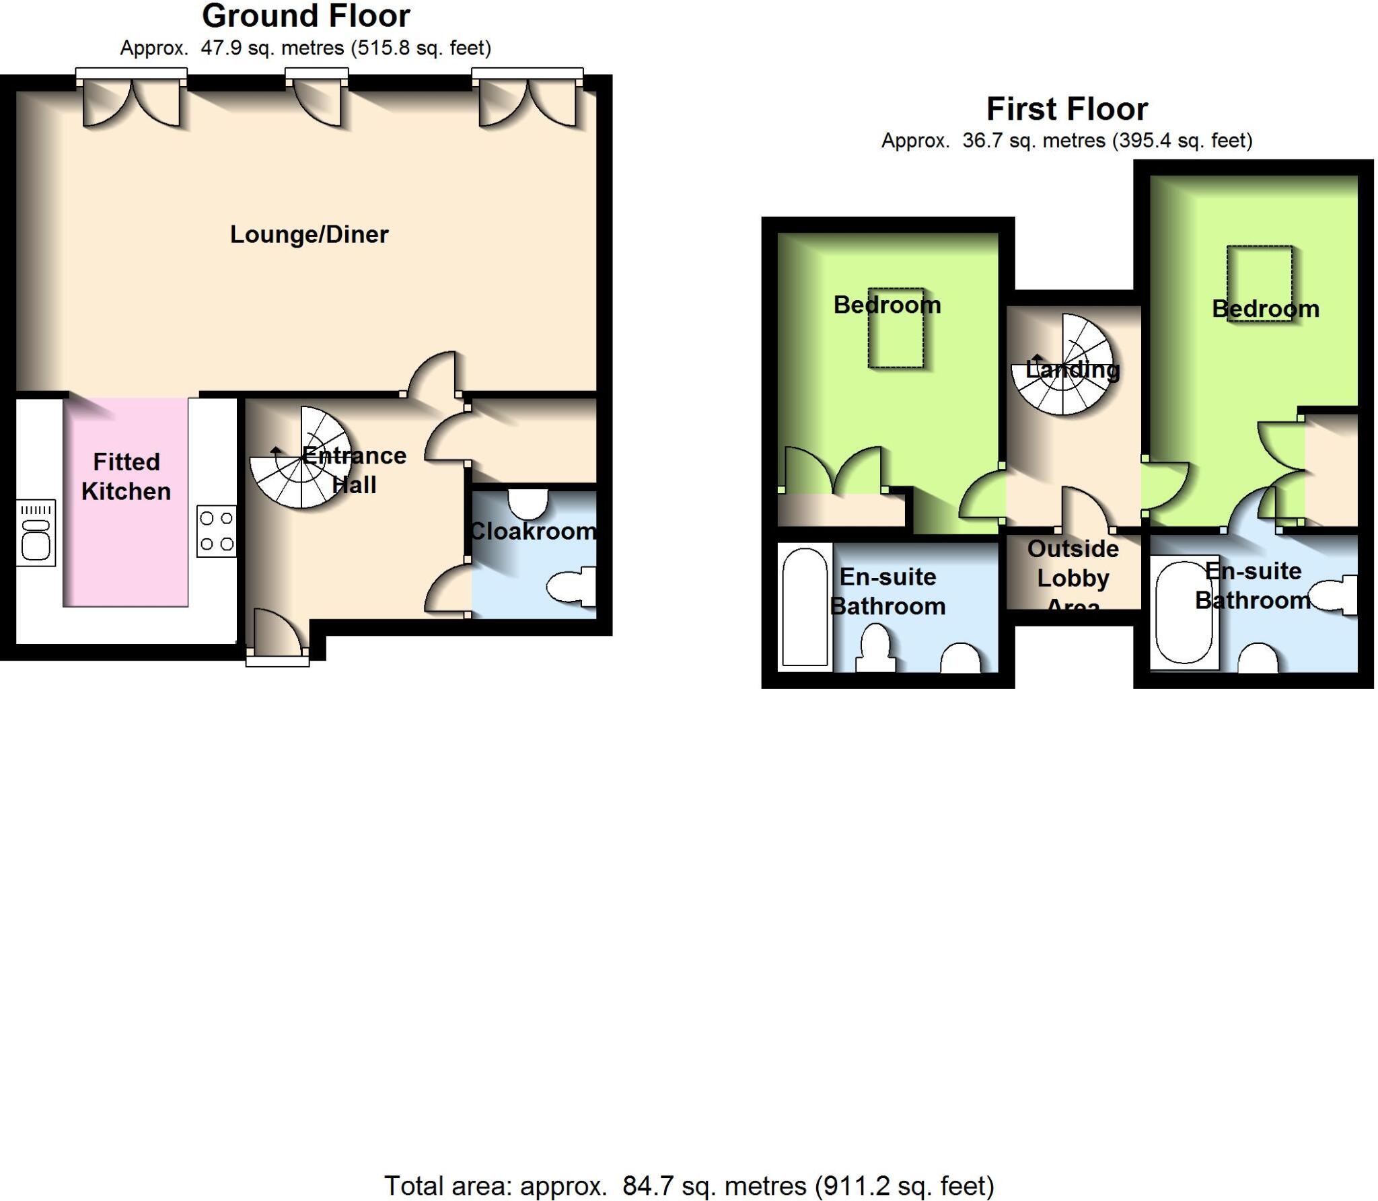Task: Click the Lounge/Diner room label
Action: tap(309, 234)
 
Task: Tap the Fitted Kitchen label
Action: tap(126, 476)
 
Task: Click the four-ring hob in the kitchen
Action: tap(217, 531)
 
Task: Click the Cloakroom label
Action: tap(532, 532)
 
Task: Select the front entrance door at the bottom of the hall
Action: tap(277, 632)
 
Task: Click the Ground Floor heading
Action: tap(305, 16)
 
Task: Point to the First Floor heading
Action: tap(1066, 109)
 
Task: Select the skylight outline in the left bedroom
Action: tap(895, 329)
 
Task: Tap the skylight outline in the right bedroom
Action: tap(1259, 283)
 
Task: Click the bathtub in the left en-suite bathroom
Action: tap(805, 608)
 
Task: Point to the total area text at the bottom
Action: tap(688, 1185)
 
